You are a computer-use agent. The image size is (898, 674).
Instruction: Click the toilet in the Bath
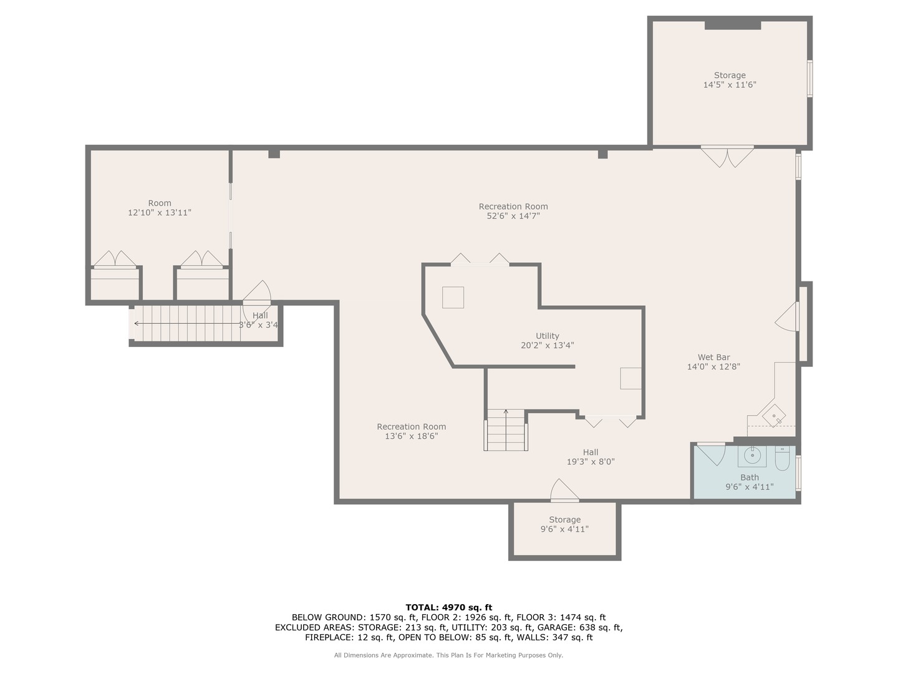click(x=782, y=459)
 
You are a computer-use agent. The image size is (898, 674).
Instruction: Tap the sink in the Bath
click(x=753, y=456)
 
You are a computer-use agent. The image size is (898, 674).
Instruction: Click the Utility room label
click(x=547, y=336)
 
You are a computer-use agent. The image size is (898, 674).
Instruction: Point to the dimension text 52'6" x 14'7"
click(x=513, y=216)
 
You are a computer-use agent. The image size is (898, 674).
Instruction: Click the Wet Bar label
click(x=713, y=358)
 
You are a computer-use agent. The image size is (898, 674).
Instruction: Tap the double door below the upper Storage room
click(x=727, y=156)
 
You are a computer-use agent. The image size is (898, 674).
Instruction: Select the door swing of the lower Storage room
click(x=564, y=491)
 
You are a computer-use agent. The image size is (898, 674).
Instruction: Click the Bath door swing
click(x=711, y=454)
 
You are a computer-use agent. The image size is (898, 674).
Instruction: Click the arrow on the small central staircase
click(x=506, y=413)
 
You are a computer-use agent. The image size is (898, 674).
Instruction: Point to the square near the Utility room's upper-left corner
click(x=453, y=297)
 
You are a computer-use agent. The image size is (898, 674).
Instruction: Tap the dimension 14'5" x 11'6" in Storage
click(x=730, y=85)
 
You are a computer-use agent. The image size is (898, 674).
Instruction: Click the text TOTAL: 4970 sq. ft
click(x=448, y=607)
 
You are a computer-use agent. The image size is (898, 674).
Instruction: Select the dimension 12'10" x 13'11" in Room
click(x=160, y=213)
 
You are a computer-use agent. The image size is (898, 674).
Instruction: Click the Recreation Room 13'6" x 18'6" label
click(x=411, y=431)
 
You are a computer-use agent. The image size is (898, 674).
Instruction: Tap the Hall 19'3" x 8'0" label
click(x=590, y=457)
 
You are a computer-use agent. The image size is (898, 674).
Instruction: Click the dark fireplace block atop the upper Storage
click(x=733, y=25)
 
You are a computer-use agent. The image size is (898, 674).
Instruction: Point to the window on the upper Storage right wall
click(x=809, y=79)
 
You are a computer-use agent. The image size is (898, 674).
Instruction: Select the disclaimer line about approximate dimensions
click(x=448, y=655)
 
